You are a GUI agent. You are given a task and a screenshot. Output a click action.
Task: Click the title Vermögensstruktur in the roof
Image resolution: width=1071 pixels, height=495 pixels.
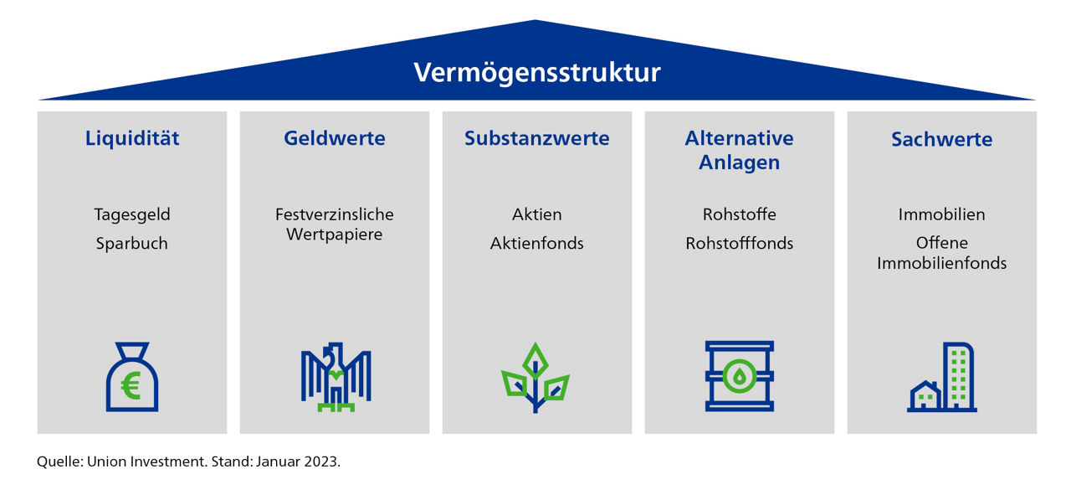(537, 73)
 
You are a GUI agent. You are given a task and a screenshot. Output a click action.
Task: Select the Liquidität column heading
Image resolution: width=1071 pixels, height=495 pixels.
(132, 138)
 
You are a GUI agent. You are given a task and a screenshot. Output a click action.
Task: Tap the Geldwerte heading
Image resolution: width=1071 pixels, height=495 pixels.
(335, 138)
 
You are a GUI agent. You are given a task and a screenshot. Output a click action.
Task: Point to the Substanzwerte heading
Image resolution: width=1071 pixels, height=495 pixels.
(537, 138)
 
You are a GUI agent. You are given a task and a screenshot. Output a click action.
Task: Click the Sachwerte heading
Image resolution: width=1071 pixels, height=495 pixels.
(942, 139)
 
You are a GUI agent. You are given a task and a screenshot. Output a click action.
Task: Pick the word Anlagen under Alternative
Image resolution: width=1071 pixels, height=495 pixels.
(739, 162)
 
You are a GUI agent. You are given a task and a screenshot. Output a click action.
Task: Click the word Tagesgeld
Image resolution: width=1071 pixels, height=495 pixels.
(132, 214)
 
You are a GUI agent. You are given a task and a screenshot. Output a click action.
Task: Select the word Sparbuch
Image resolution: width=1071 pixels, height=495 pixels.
(132, 244)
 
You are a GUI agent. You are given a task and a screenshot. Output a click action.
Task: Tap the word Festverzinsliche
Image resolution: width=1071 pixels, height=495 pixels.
(335, 214)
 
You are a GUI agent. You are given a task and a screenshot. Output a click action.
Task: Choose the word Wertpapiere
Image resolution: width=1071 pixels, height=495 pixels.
(335, 235)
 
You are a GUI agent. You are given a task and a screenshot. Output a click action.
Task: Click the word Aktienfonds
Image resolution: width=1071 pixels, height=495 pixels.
(537, 243)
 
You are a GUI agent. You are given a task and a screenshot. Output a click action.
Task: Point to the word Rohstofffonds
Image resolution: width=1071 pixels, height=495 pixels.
(739, 243)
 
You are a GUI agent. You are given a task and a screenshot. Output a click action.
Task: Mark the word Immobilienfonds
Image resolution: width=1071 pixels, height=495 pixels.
(942, 263)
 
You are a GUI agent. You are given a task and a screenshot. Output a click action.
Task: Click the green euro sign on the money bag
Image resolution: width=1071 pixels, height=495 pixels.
(131, 386)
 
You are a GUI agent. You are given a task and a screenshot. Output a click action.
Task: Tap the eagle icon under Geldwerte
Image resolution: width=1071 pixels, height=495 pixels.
(336, 377)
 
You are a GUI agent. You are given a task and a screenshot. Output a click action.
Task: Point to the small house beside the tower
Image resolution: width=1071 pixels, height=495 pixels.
(925, 396)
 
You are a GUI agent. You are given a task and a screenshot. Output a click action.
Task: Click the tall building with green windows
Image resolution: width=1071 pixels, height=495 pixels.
(958, 377)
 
